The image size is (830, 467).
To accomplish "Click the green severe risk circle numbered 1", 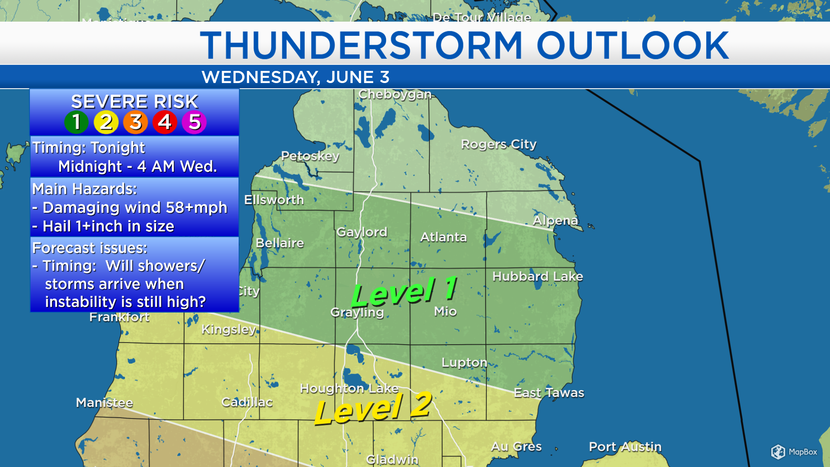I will [x=77, y=122].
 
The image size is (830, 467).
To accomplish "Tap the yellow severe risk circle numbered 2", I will [x=106, y=122].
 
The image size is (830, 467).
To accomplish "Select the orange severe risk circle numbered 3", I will [x=135, y=122].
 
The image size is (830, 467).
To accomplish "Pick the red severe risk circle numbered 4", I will [x=165, y=122].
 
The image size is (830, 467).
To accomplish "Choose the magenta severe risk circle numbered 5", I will [x=194, y=122].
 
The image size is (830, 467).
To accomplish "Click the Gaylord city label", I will [x=362, y=232].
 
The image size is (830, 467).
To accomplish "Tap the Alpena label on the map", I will [x=555, y=221].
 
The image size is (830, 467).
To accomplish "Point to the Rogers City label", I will [x=498, y=144].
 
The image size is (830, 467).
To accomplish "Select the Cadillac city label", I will [x=247, y=402].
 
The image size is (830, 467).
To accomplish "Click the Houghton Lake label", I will [x=349, y=388].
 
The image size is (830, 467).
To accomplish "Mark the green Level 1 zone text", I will [x=404, y=291].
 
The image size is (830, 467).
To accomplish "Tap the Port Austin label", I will [x=625, y=447].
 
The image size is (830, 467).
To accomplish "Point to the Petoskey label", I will [x=310, y=156].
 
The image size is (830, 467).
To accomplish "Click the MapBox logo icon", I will [x=778, y=452].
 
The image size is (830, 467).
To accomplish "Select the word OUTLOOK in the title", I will [x=632, y=45].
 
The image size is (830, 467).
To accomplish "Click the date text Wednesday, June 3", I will [x=295, y=77].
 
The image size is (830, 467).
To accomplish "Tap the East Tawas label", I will [x=549, y=393].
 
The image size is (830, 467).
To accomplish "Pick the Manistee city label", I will [x=104, y=403].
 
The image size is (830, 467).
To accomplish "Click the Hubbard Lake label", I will [x=537, y=276].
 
